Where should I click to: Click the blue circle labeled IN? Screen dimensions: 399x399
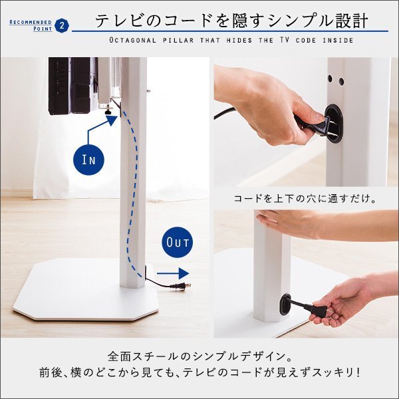point(90,159)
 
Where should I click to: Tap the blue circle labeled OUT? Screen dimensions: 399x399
point(177,243)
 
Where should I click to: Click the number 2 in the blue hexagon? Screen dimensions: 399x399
point(62,26)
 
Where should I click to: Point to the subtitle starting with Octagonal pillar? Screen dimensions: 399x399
point(231,41)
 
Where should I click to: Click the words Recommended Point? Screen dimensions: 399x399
point(30,26)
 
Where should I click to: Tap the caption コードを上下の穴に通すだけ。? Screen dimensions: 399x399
point(306,198)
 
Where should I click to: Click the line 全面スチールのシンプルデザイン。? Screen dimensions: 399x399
point(199,356)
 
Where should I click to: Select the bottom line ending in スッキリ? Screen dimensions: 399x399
point(199,373)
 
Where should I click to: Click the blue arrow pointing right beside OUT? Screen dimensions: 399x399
point(174,273)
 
